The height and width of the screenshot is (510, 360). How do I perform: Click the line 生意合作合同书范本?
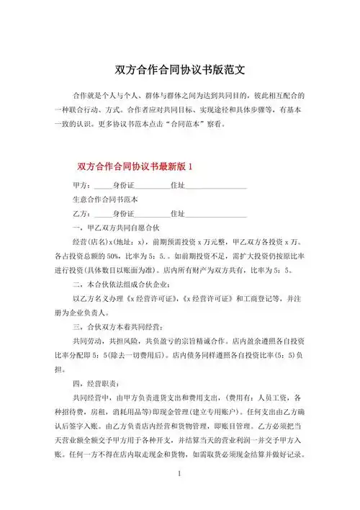point(107,200)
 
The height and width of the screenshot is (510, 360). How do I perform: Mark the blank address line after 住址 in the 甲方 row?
point(217,186)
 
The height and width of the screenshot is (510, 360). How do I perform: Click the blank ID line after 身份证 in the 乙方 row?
point(152,215)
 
